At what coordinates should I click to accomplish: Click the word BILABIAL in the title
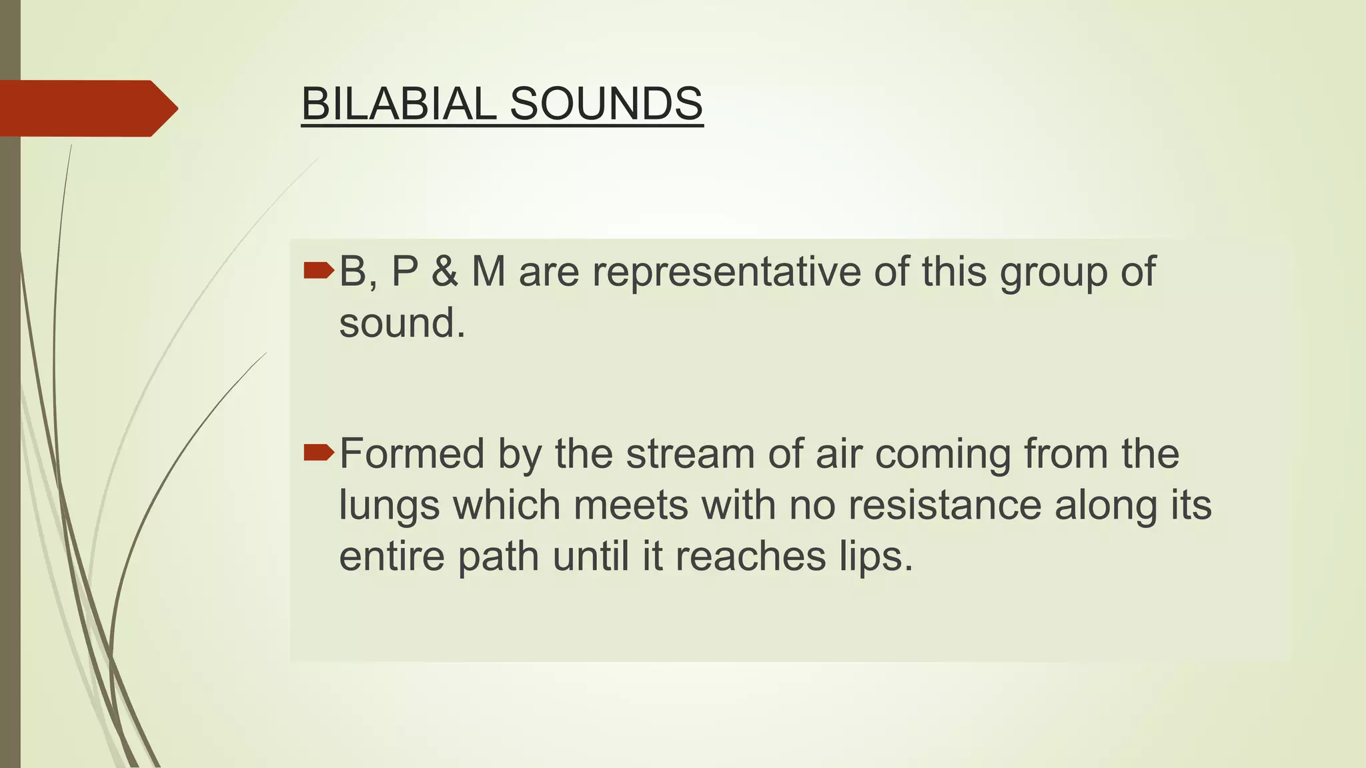click(398, 104)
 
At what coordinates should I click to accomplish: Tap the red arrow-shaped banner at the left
click(87, 108)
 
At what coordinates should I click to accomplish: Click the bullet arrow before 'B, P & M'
click(318, 270)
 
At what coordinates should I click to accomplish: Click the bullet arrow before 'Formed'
click(318, 453)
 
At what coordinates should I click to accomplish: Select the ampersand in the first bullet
click(444, 272)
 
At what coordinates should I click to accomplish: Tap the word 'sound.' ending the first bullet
click(402, 324)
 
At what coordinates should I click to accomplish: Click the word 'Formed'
click(412, 455)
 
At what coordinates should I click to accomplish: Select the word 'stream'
click(690, 455)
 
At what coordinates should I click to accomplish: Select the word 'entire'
click(392, 556)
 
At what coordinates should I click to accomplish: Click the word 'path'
click(498, 557)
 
